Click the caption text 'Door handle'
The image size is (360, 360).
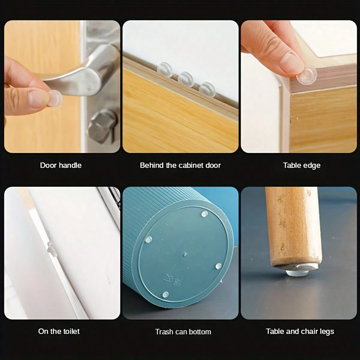[61, 165]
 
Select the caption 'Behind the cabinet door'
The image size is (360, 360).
[180, 165]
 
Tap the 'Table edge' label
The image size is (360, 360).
[302, 165]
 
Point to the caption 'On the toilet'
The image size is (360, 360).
[59, 331]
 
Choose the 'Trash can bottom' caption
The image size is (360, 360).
[183, 332]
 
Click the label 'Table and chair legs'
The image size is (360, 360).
[300, 331]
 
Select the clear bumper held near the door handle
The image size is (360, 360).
[55, 98]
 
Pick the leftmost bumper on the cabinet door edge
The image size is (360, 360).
[164, 69]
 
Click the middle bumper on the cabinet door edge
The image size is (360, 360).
[186, 79]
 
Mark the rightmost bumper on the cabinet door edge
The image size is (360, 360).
[207, 89]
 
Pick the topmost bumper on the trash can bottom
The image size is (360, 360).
[204, 214]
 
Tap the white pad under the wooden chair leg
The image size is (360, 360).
[297, 272]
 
